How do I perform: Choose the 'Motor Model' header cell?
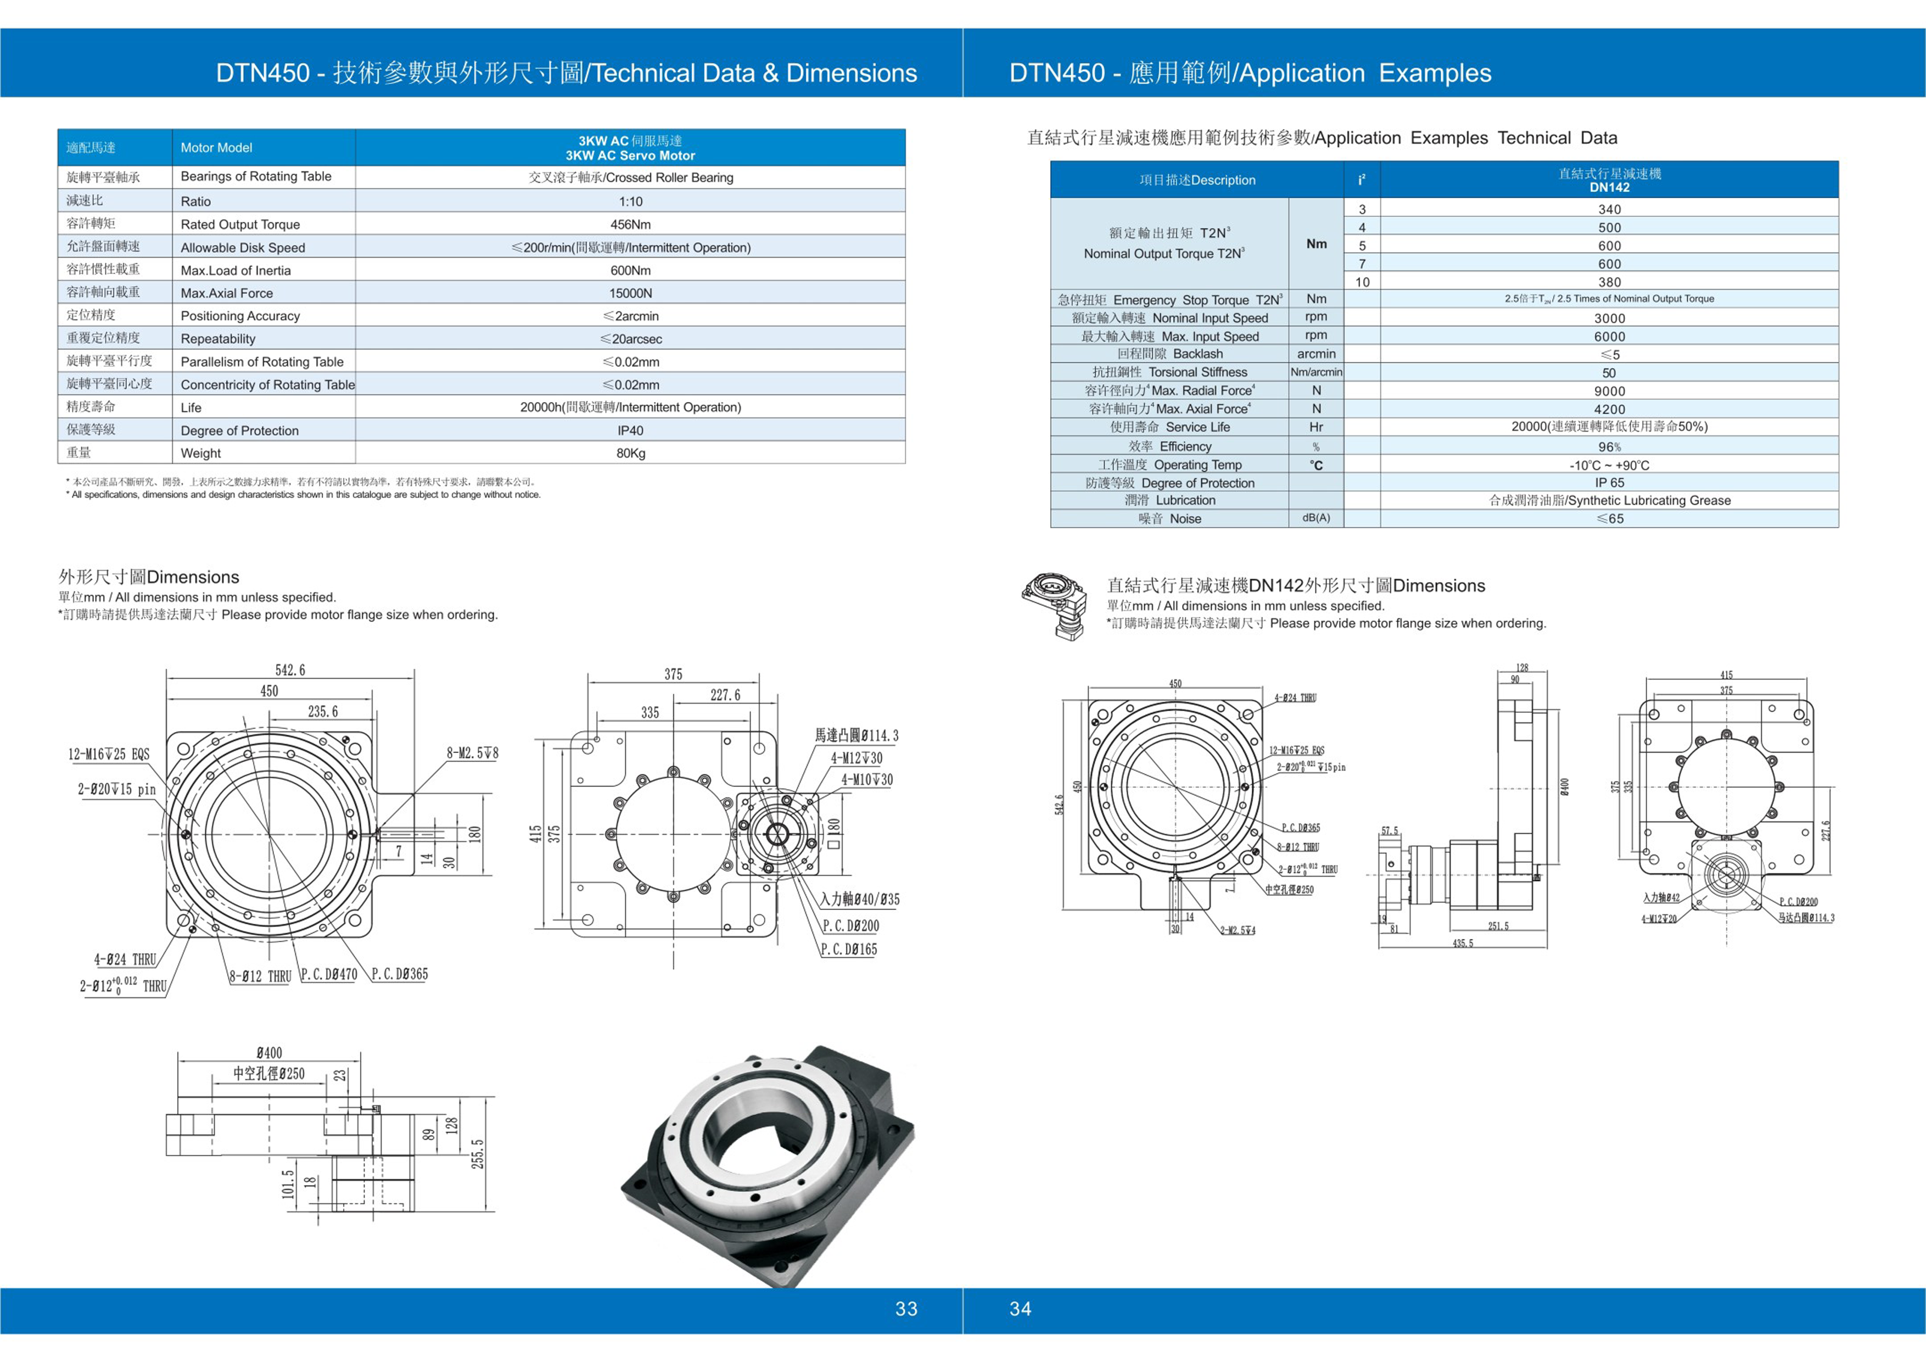pyautogui.click(x=216, y=148)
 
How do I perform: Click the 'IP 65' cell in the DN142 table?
pyautogui.click(x=1609, y=483)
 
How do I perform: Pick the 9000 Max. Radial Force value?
pyautogui.click(x=1609, y=391)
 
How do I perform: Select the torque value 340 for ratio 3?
pyautogui.click(x=1609, y=209)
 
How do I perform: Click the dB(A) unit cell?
pyautogui.click(x=1315, y=518)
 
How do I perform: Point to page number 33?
pyautogui.click(x=906, y=1308)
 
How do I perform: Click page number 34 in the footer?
pyautogui.click(x=1020, y=1308)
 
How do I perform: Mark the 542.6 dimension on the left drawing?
pyautogui.click(x=290, y=669)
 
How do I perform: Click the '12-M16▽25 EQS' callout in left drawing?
pyautogui.click(x=109, y=753)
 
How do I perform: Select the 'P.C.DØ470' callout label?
pyautogui.click(x=329, y=974)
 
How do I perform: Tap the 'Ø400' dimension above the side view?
pyautogui.click(x=269, y=1052)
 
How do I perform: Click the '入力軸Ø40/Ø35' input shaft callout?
pyautogui.click(x=860, y=899)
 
